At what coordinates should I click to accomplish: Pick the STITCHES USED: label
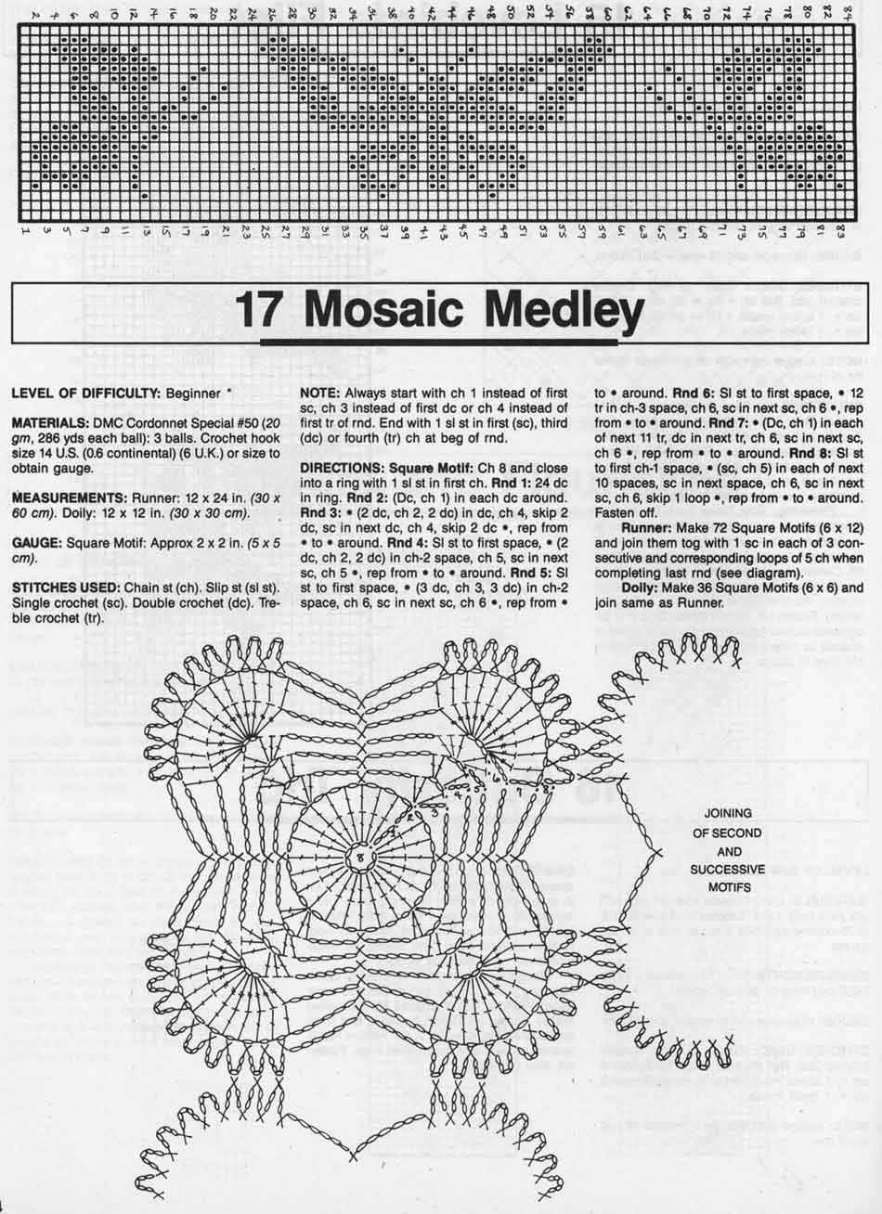tap(64, 588)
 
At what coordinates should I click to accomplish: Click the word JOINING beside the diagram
tap(729, 814)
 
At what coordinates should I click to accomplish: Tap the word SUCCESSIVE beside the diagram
tap(729, 870)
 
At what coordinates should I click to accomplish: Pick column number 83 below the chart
tap(839, 230)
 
